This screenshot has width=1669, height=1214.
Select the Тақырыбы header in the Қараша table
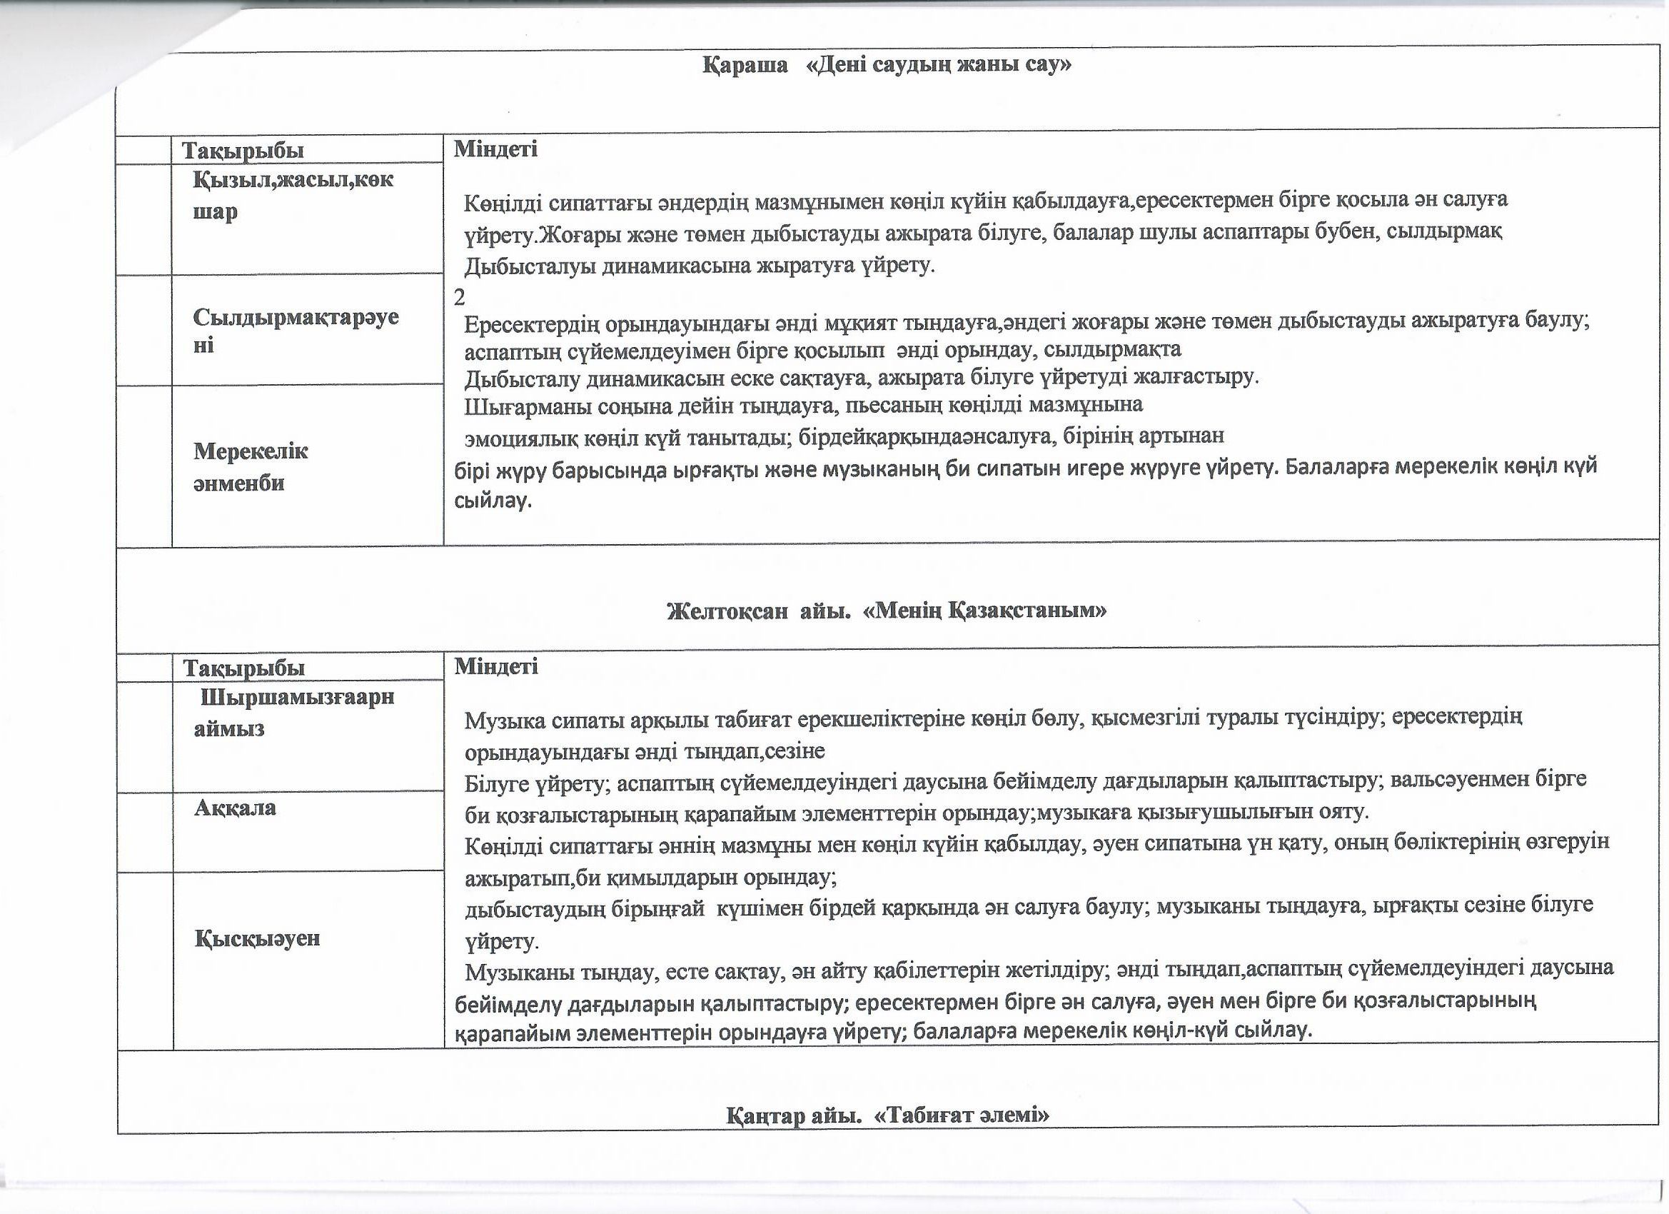pyautogui.click(x=243, y=151)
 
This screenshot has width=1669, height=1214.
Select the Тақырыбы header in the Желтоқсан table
pyautogui.click(x=243, y=668)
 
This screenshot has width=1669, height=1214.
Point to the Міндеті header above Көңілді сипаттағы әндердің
pyautogui.click(x=495, y=149)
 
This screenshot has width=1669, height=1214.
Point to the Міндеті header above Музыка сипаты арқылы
pyautogui.click(x=496, y=666)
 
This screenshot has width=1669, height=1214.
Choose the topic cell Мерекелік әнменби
pyautogui.click(x=250, y=467)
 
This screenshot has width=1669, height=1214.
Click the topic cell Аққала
pyautogui.click(x=235, y=808)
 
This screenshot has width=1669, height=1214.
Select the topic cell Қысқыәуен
pyautogui.click(x=258, y=938)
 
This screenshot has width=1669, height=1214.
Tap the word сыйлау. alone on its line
pyautogui.click(x=493, y=501)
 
